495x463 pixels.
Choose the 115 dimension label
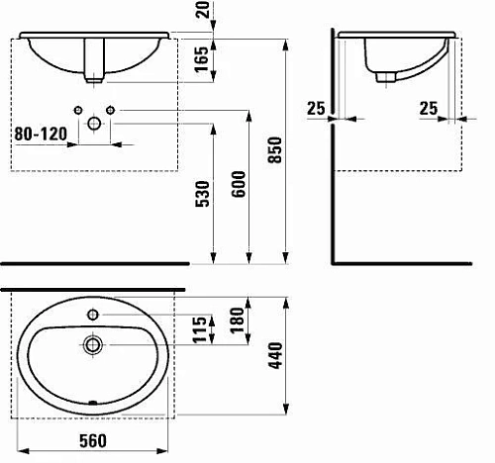pyautogui.click(x=201, y=327)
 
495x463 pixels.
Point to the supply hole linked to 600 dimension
pyautogui.click(x=111, y=108)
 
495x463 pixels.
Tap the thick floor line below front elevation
pyautogui.click(x=94, y=264)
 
